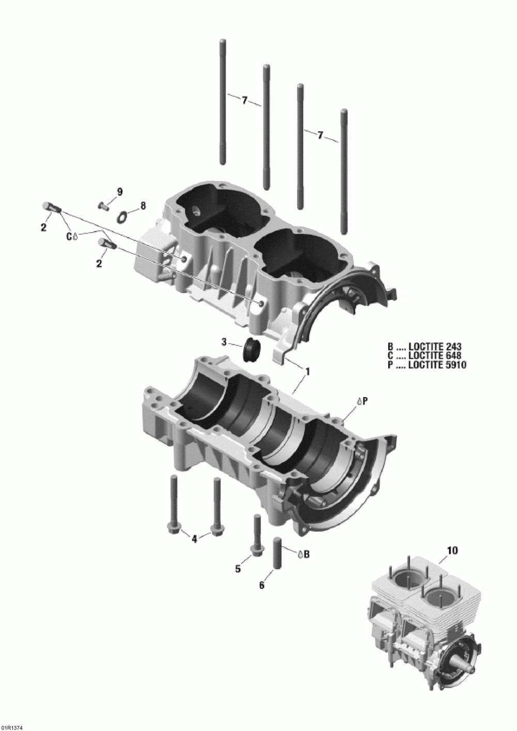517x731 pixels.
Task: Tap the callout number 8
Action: (x=142, y=206)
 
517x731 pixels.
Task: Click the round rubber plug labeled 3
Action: (x=252, y=349)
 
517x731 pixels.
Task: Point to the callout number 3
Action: (x=224, y=342)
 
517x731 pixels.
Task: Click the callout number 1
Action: (x=308, y=371)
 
